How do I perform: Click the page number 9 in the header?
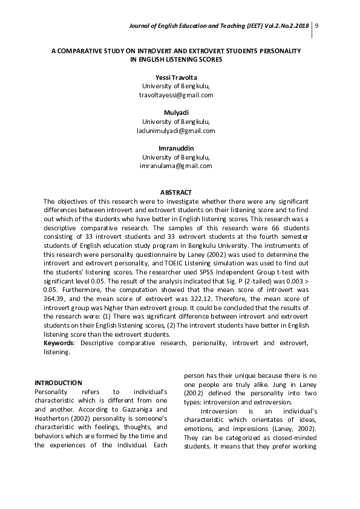click(x=318, y=25)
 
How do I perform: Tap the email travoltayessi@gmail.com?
click(x=175, y=96)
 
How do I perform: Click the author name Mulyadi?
click(x=175, y=112)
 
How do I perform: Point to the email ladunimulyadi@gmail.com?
click(x=175, y=131)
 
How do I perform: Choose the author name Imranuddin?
click(x=175, y=148)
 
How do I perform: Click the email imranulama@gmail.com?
click(x=175, y=166)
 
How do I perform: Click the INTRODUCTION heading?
click(x=58, y=383)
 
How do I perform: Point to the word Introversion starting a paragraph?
click(x=218, y=411)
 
